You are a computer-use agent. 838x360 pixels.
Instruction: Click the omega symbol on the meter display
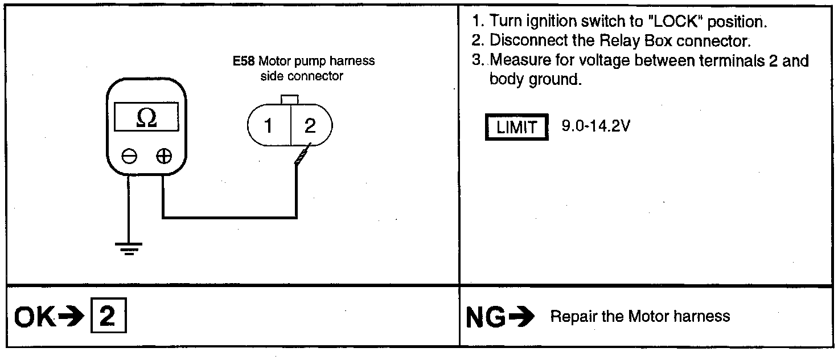tap(147, 117)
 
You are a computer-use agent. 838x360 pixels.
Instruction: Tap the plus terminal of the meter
tap(164, 156)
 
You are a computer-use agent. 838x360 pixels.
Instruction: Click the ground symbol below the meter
tap(129, 248)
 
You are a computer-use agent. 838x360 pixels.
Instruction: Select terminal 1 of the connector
tap(269, 126)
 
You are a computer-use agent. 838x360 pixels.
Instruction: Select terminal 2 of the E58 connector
tap(310, 126)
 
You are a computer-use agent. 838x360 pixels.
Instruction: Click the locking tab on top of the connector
tap(290, 100)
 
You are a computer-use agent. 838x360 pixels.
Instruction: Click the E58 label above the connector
tap(243, 62)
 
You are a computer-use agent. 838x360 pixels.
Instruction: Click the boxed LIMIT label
tap(516, 128)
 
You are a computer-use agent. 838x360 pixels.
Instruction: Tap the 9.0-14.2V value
tap(595, 126)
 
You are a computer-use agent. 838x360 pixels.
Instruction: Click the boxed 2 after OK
tap(108, 317)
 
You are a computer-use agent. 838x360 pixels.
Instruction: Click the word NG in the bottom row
tap(486, 317)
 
